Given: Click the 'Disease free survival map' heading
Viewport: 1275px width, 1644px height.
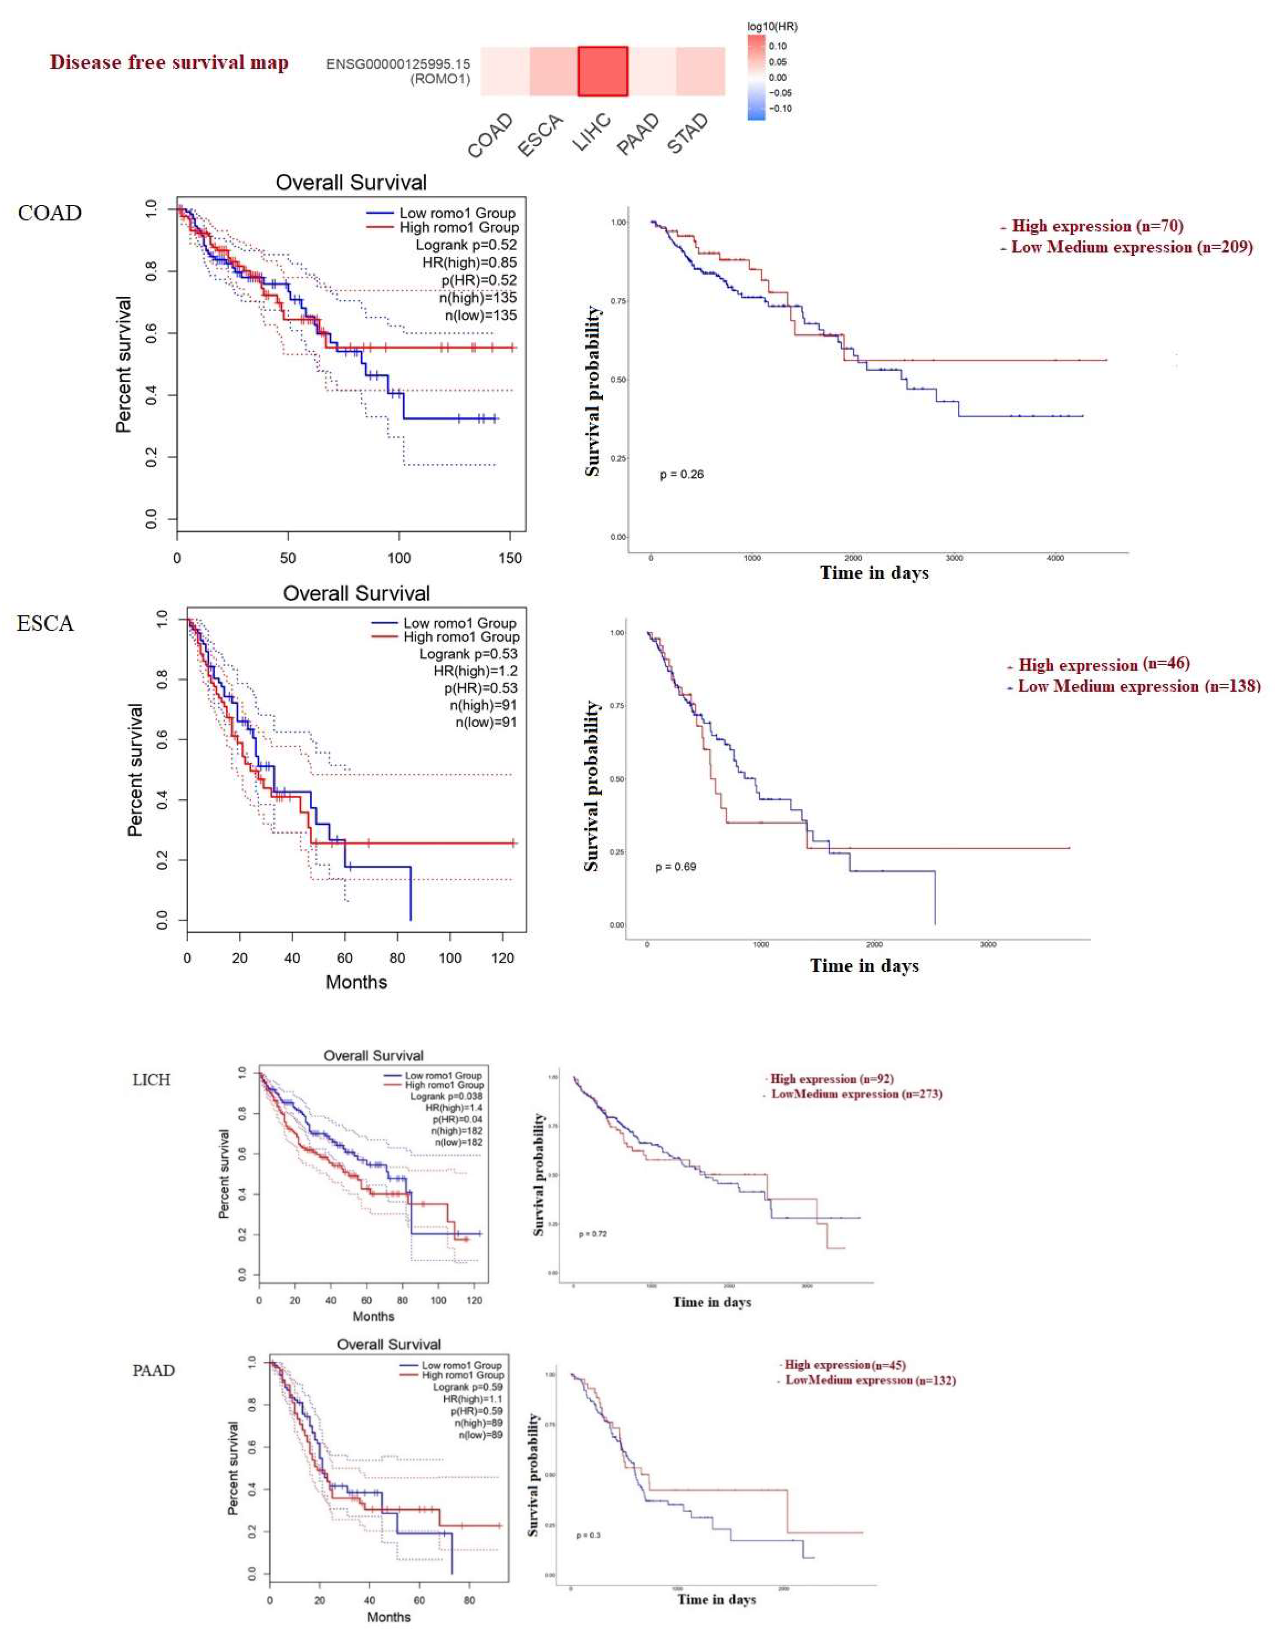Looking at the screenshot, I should pyautogui.click(x=169, y=62).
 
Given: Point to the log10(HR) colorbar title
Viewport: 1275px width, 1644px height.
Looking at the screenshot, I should pyautogui.click(x=772, y=26).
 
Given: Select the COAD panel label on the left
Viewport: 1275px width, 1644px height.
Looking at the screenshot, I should pyautogui.click(x=50, y=213).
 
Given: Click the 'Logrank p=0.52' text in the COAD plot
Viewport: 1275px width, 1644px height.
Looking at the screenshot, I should pyautogui.click(x=466, y=245).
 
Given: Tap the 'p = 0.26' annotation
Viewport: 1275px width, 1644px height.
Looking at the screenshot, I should pyautogui.click(x=681, y=474).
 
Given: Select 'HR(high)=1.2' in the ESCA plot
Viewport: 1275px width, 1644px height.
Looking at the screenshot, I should pyautogui.click(x=475, y=671).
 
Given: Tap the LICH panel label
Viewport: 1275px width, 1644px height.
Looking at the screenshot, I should pyautogui.click(x=151, y=1079).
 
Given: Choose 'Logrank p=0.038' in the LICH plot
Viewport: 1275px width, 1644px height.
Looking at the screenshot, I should pyautogui.click(x=446, y=1096).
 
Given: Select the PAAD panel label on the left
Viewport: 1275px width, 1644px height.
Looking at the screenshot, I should pyautogui.click(x=153, y=1370).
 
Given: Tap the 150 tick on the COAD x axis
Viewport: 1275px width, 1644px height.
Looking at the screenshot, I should pyautogui.click(x=510, y=558).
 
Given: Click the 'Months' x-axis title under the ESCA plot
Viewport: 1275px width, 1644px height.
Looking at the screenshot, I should pyautogui.click(x=356, y=982).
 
